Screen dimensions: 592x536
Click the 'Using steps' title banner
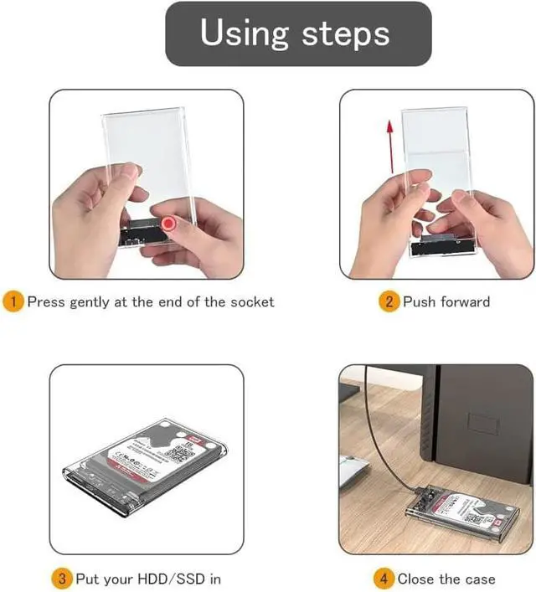pos(298,33)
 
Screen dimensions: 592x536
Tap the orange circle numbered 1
pos(13,301)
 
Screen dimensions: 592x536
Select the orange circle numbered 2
pos(389,301)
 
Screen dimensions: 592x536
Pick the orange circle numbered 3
pos(62,578)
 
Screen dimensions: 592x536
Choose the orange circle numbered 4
pos(383,578)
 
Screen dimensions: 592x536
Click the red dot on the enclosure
pos(170,224)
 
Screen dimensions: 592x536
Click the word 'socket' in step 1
pos(251,301)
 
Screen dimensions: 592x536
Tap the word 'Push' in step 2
pos(419,301)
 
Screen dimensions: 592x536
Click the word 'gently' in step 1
pos(87,302)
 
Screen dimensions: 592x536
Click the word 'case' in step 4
pos(480,578)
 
